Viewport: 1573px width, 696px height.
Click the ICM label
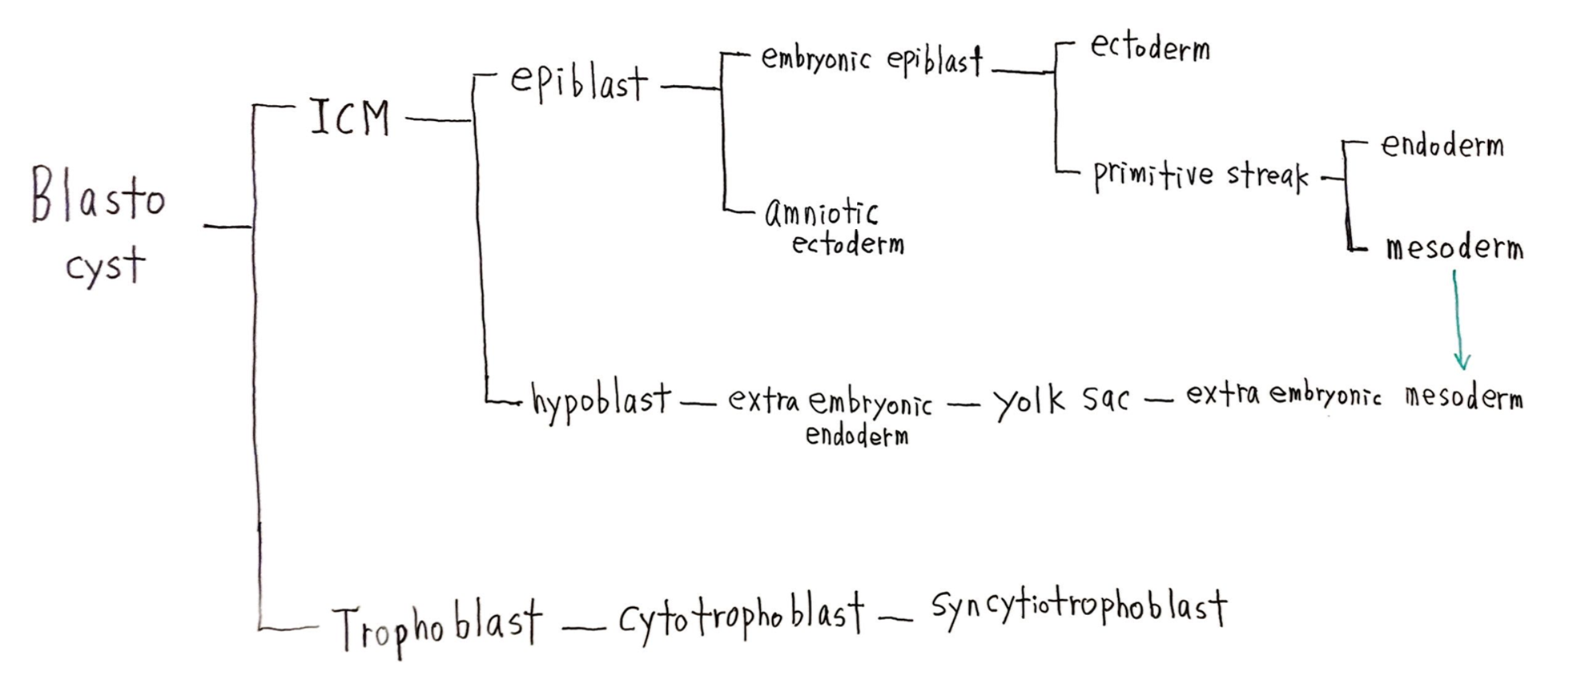pos(350,118)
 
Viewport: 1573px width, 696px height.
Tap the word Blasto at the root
pos(98,195)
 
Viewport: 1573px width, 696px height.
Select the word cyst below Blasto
pos(105,266)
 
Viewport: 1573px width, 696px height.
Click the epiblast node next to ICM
pos(578,82)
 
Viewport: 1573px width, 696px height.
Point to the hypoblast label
pos(601,400)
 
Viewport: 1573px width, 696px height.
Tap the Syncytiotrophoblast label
pos(1078,609)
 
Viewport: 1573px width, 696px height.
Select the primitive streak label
pos(1200,175)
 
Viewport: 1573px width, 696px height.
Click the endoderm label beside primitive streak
pos(1442,146)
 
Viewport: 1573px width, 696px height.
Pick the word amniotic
pos(821,213)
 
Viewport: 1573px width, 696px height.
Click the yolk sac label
pos(1060,400)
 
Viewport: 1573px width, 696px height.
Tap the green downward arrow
pos(1458,320)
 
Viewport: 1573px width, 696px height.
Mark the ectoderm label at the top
pos(1149,48)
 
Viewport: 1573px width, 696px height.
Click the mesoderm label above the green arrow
pos(1454,247)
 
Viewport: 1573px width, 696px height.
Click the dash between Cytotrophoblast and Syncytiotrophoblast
pos(895,618)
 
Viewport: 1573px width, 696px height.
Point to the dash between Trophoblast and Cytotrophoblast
pos(582,628)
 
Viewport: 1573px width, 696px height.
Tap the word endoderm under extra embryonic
pos(856,436)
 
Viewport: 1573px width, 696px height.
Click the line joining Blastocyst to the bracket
pos(227,227)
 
